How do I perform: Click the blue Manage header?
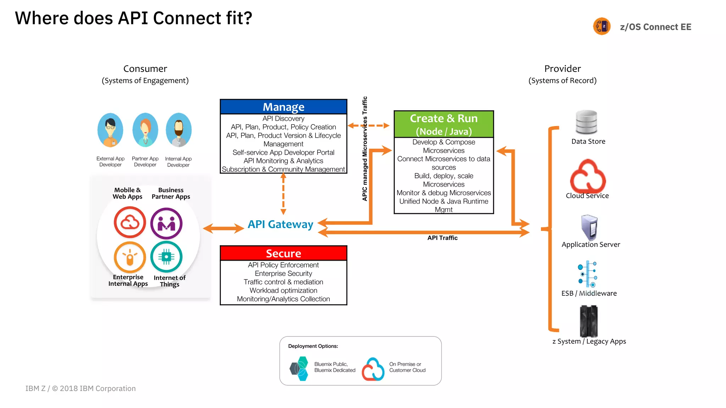click(283, 107)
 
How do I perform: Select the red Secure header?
click(283, 253)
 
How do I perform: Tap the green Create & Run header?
click(443, 124)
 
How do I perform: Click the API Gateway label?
click(280, 224)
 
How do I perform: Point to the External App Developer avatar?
click(110, 130)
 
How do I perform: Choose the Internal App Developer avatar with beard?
click(179, 130)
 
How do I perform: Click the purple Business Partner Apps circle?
click(166, 223)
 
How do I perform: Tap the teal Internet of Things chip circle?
click(166, 257)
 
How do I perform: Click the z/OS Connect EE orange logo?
click(602, 27)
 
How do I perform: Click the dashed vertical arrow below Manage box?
click(283, 194)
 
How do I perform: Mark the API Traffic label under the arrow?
click(442, 238)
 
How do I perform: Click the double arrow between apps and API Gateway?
click(223, 228)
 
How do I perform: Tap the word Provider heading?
click(562, 69)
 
